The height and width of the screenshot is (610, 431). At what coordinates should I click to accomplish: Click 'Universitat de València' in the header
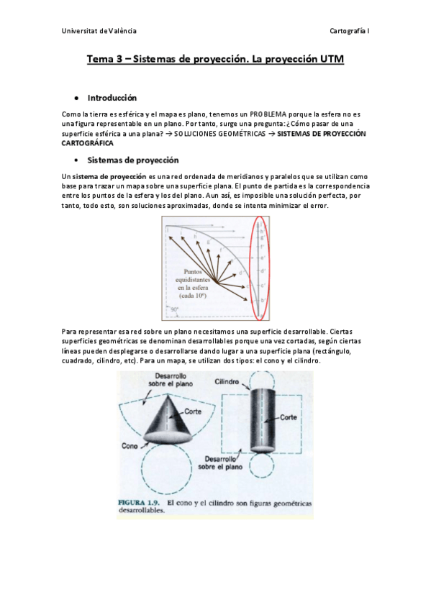coord(99,31)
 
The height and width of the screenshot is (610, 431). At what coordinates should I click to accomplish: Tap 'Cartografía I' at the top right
coord(349,31)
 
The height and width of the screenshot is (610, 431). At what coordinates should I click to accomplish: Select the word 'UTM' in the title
coord(330,60)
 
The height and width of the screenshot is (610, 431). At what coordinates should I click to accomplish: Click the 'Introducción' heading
coord(112,97)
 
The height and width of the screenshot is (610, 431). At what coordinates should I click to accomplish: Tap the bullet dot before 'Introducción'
coord(76,98)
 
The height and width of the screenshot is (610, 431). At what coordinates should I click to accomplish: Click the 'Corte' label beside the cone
coord(192,411)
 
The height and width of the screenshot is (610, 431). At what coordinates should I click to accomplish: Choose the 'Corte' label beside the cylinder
coord(289,416)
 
